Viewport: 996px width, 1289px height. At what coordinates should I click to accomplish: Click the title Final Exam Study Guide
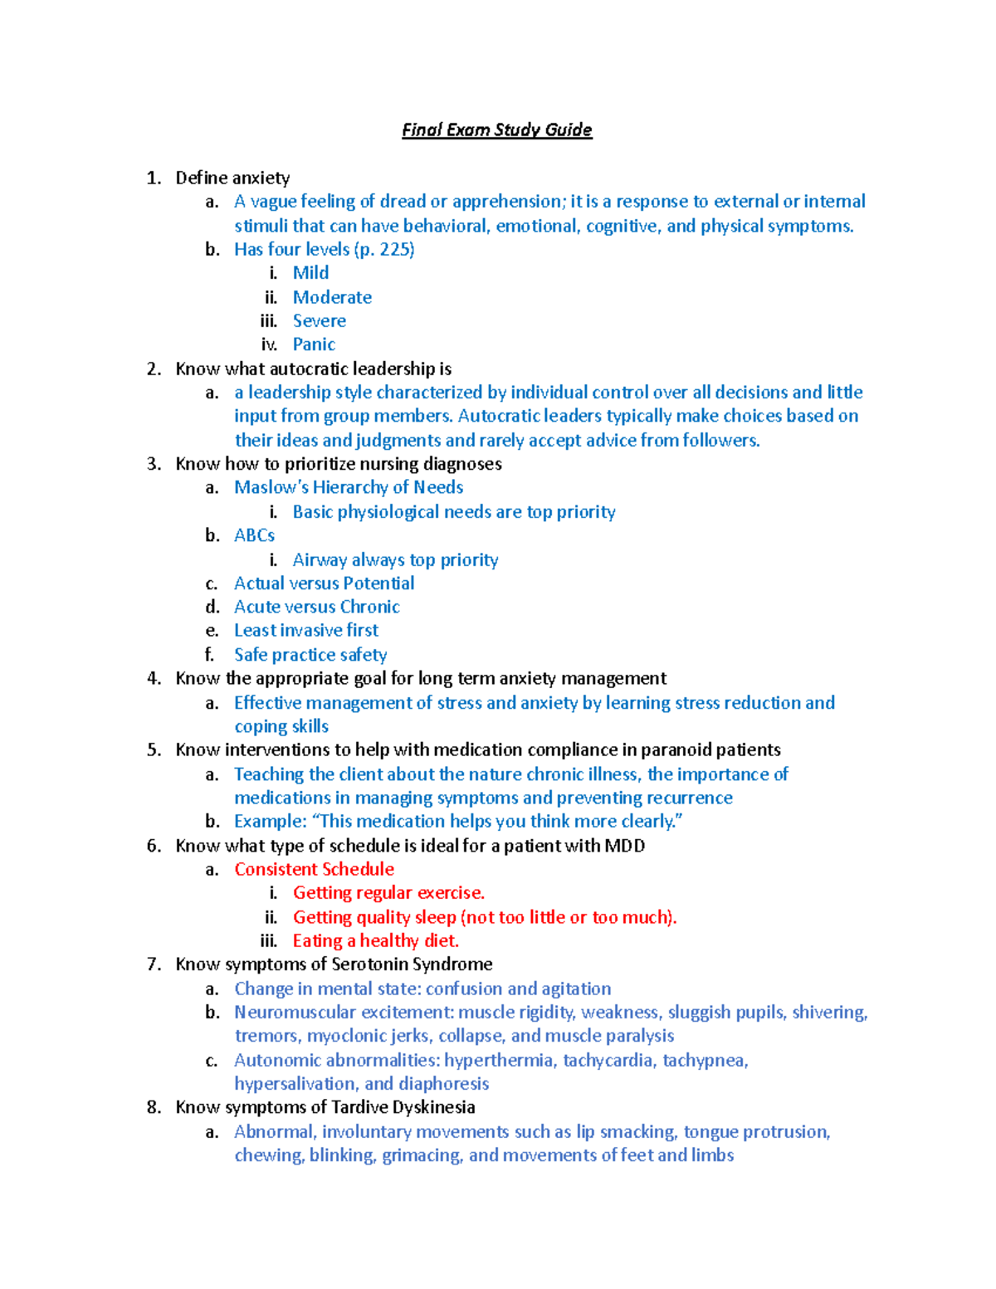click(496, 129)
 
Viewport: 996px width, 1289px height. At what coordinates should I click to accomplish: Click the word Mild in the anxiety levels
click(310, 273)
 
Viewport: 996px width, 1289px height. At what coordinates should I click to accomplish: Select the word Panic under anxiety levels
click(314, 344)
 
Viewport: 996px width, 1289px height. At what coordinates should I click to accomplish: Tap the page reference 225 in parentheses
click(395, 249)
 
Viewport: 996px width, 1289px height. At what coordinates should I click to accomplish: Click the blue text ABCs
click(254, 535)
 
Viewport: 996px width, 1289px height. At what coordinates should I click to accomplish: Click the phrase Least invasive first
click(305, 631)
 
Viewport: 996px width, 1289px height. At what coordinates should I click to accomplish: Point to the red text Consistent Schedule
click(314, 869)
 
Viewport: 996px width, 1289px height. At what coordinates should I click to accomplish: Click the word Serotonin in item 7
click(369, 964)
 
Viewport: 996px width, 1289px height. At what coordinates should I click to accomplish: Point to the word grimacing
click(422, 1155)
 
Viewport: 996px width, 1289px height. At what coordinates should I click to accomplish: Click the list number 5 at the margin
click(154, 750)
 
